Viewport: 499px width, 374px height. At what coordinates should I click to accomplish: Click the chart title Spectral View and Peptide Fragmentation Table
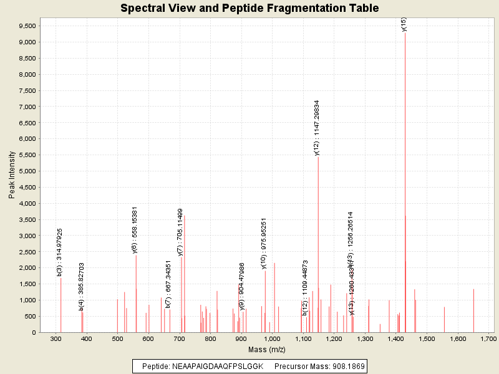[249, 8]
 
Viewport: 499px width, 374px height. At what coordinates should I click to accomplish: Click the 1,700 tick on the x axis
[488, 338]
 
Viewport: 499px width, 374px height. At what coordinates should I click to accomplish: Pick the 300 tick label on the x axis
[56, 338]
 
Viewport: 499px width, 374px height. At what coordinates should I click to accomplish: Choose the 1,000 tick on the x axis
[272, 338]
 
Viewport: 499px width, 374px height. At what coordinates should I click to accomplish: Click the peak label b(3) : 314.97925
[60, 252]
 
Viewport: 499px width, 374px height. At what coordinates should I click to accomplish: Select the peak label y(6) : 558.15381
[135, 230]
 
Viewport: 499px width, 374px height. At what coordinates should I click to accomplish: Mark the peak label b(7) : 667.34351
[168, 284]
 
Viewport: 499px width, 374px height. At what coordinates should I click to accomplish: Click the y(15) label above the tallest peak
[404, 24]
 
